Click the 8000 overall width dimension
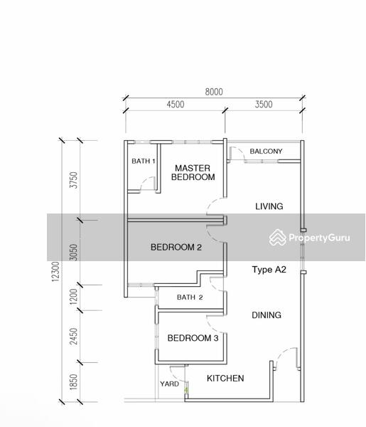214,92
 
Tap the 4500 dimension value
176,105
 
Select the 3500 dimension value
264,105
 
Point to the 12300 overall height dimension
55,271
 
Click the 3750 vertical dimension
74,180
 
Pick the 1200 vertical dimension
74,297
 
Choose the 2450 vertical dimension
74,337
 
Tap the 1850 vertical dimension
74,382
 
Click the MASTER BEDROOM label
193,172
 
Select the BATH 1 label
144,161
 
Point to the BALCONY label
266,151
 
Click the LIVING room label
269,206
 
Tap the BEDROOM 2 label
176,247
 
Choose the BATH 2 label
190,297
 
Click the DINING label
267,315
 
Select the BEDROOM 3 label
193,338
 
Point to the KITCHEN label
225,379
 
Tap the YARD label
169,384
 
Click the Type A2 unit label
269,270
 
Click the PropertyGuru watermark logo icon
278,238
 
